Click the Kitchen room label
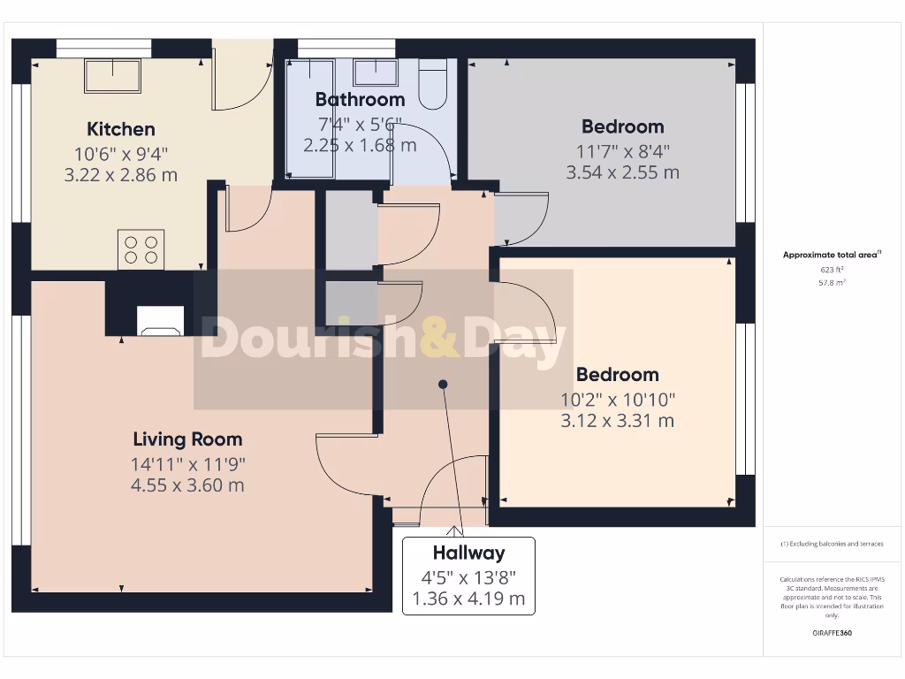(120, 129)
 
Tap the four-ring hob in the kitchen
(141, 248)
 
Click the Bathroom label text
(360, 99)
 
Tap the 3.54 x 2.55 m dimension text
(622, 172)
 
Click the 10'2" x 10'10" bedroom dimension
(618, 399)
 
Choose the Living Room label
(187, 439)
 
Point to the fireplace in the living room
(161, 321)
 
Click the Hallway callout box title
(468, 553)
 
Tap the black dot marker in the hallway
(444, 384)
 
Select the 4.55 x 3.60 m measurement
(187, 485)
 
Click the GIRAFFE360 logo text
(833, 633)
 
